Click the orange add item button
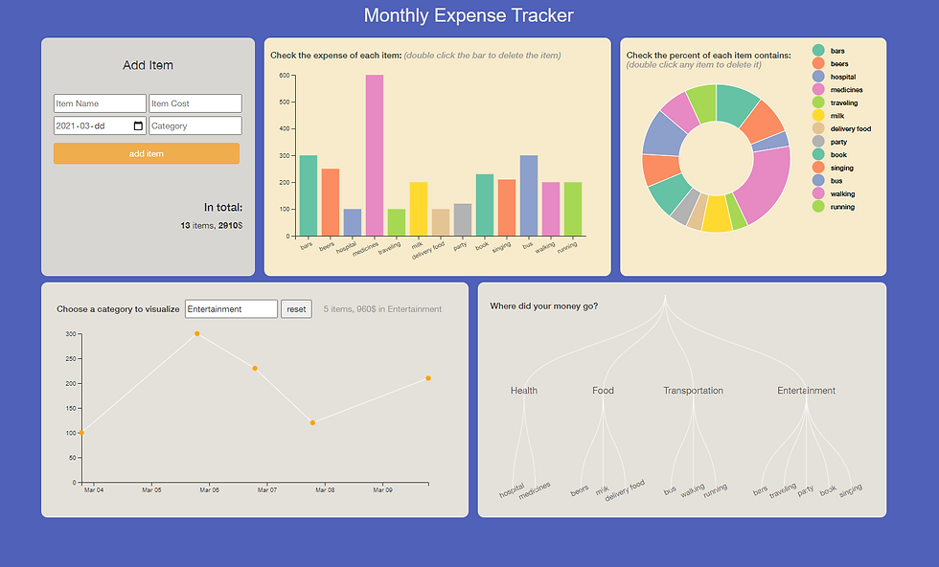pyautogui.click(x=146, y=153)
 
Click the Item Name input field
pyautogui.click(x=100, y=103)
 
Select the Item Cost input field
pyautogui.click(x=195, y=103)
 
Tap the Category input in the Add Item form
pyautogui.click(x=195, y=125)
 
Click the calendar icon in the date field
pyautogui.click(x=138, y=125)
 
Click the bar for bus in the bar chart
pyautogui.click(x=528, y=195)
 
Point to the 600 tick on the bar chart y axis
pyautogui.click(x=285, y=75)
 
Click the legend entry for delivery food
pyautogui.click(x=850, y=128)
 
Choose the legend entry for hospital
pyautogui.click(x=843, y=76)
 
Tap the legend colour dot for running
pyautogui.click(x=818, y=206)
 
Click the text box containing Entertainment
pyautogui.click(x=231, y=308)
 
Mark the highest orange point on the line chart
pyautogui.click(x=197, y=333)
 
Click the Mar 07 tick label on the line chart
pyautogui.click(x=267, y=490)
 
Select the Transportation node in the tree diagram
pyautogui.click(x=693, y=391)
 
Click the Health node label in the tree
pyautogui.click(x=524, y=391)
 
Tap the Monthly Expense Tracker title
pyautogui.click(x=469, y=15)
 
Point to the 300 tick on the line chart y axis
pyautogui.click(x=70, y=333)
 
